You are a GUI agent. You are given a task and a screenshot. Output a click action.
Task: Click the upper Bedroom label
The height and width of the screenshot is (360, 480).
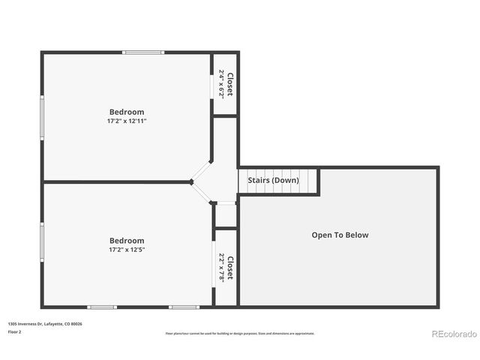point(126,112)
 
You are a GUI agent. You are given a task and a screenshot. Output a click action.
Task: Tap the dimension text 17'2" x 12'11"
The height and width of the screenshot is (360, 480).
point(126,121)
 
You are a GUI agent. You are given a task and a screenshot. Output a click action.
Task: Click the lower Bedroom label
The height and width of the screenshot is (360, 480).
point(126,241)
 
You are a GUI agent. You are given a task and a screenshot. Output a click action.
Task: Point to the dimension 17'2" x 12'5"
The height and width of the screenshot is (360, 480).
point(126,250)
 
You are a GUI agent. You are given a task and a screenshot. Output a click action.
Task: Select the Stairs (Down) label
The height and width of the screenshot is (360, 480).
point(273,180)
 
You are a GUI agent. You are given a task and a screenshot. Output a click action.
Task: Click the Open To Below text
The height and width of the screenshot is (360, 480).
point(340,235)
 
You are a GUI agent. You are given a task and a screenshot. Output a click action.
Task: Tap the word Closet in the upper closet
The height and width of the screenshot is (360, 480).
point(230,84)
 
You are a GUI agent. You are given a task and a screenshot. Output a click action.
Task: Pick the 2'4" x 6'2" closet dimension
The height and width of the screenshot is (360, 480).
point(221,84)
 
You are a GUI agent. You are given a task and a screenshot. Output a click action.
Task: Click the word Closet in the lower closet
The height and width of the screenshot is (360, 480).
point(230,268)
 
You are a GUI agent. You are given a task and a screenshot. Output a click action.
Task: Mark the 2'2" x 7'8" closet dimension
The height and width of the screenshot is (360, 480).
point(221,268)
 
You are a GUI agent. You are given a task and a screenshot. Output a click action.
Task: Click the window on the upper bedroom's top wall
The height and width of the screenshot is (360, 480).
point(143,52)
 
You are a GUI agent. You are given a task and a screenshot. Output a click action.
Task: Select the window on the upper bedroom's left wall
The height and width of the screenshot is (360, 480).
point(42,118)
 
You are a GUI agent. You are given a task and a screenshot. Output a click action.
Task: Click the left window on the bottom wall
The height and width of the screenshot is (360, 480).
point(102,306)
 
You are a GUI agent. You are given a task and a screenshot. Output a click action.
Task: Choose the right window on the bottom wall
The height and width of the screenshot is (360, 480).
point(184,306)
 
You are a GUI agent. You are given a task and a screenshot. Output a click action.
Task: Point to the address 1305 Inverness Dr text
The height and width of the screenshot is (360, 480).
point(45,323)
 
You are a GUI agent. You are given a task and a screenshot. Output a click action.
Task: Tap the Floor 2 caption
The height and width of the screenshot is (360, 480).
point(15,331)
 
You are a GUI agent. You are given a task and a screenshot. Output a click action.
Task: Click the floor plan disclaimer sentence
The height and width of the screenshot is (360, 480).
point(240,333)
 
